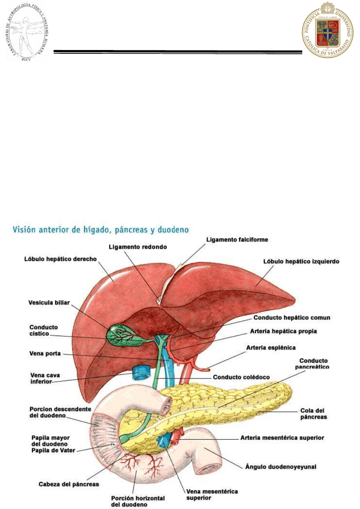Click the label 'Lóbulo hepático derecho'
click(x=60, y=259)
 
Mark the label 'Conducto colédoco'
click(x=242, y=377)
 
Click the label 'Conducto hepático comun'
click(x=292, y=318)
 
